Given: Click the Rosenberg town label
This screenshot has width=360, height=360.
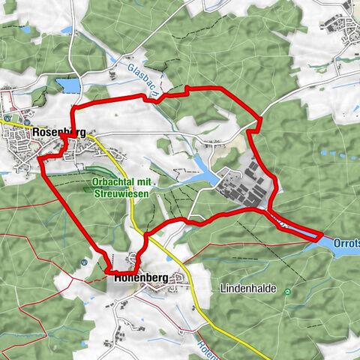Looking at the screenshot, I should (63, 132).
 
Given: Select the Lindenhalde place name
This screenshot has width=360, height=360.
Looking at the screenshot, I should (249, 288).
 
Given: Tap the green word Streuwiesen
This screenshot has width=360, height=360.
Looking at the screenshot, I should (121, 193).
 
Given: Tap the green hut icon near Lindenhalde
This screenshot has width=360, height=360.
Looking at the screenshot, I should (286, 291).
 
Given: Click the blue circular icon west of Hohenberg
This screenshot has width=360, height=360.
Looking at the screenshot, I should (85, 262).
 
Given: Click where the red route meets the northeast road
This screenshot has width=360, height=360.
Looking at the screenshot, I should (259, 118).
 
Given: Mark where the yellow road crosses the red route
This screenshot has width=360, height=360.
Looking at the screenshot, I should (144, 238).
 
